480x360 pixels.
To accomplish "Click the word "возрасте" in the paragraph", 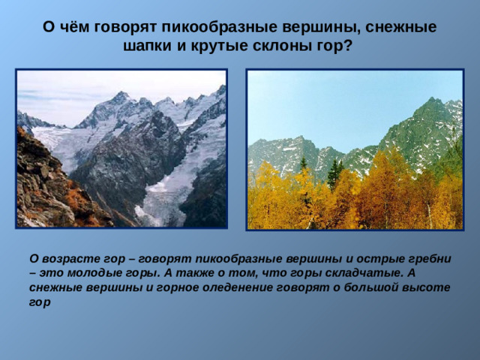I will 65,258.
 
